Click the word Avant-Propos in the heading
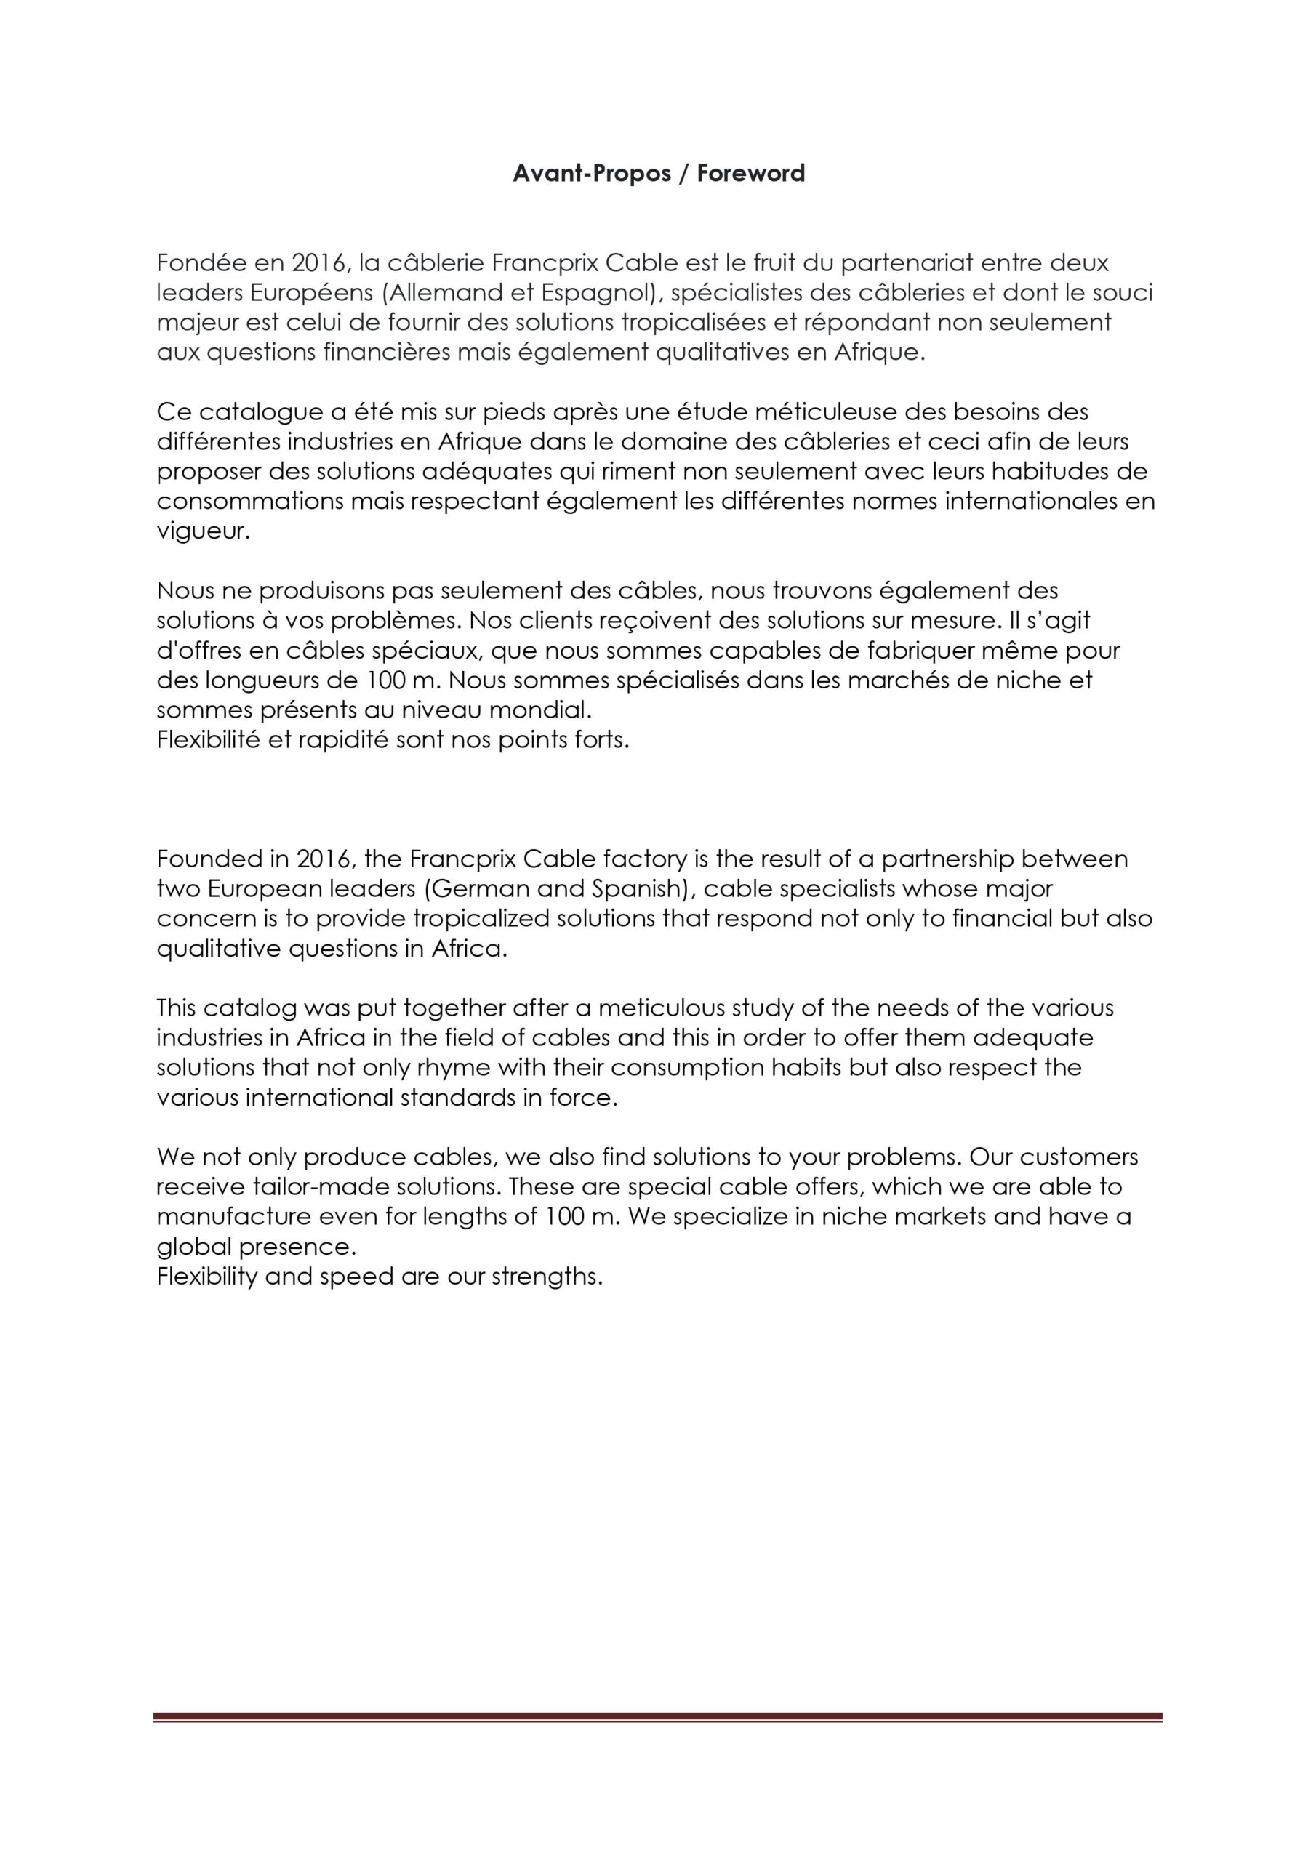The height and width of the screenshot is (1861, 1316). point(591,174)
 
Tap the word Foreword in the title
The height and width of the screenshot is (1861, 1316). point(750,174)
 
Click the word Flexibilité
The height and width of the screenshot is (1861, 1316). point(207,740)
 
